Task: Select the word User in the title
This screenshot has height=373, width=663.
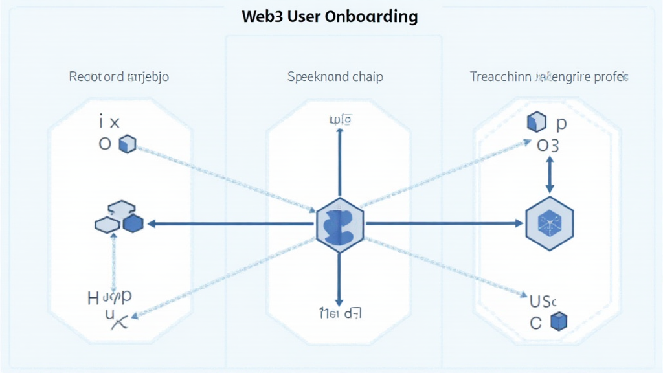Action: click(x=303, y=16)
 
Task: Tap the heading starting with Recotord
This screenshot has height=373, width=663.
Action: click(x=119, y=76)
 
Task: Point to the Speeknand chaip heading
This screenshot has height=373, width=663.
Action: click(x=335, y=76)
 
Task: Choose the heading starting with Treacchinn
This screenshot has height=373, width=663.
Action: click(x=548, y=76)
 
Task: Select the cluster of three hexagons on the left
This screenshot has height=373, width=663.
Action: click(x=119, y=218)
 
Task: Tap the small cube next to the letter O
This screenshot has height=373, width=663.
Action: click(x=127, y=144)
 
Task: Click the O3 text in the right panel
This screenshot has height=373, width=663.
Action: click(x=548, y=145)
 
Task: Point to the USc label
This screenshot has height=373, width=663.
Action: click(x=543, y=301)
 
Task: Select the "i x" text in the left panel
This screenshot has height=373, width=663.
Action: click(x=110, y=120)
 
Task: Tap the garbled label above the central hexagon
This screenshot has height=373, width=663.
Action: click(x=339, y=119)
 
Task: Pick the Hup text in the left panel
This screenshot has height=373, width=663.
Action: click(x=110, y=297)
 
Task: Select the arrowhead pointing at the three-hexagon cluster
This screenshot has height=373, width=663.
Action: click(x=153, y=224)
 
